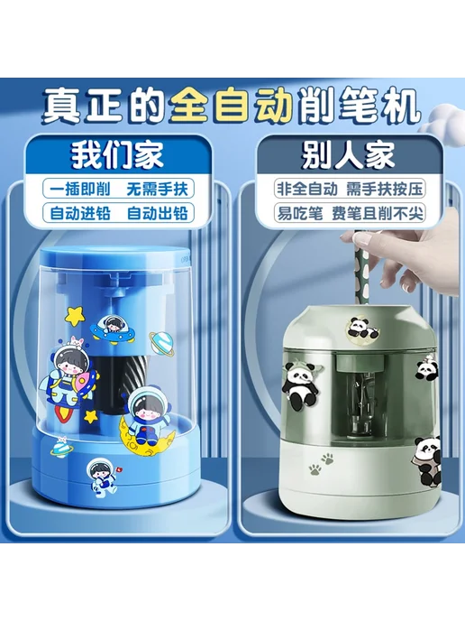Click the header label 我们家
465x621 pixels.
(117, 155)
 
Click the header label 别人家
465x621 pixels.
(349, 155)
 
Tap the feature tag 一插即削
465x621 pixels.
(80, 190)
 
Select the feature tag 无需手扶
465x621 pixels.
(157, 190)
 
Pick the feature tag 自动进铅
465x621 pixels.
(80, 213)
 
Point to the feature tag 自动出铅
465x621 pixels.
(157, 213)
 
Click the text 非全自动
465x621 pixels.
(307, 189)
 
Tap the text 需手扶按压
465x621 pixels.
(384, 189)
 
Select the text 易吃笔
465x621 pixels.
(300, 213)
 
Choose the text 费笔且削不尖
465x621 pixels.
(378, 213)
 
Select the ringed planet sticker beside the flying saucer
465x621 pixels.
(161, 342)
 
